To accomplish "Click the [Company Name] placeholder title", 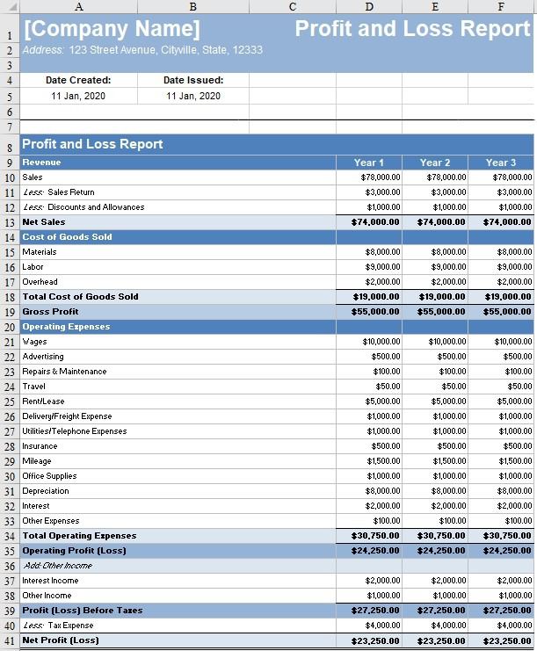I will point(111,29).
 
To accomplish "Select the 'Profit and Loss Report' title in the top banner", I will point(412,28).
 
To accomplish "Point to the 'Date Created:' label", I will point(78,80).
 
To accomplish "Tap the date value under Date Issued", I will point(193,96).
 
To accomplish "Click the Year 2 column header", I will point(435,163).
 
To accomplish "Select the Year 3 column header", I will point(501,163).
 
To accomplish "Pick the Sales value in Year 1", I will point(381,177).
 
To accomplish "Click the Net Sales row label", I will point(44,222).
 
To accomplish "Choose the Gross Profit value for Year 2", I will point(441,312).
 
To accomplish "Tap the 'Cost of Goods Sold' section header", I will point(67,237).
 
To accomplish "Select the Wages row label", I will point(35,342).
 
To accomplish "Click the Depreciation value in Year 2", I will point(448,491).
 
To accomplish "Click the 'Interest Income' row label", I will point(50,581).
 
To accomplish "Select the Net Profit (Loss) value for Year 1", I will point(375,641).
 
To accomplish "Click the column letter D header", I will point(369,7).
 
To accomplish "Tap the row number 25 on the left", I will point(10,401).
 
